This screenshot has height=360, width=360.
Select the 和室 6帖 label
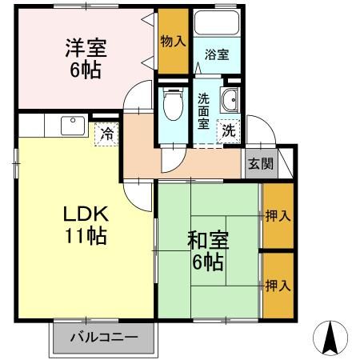tap(207, 250)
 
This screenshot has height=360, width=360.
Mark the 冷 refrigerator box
tap(106, 134)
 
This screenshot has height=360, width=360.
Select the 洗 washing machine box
tap(230, 129)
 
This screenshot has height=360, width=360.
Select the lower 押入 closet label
tap(278, 284)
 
